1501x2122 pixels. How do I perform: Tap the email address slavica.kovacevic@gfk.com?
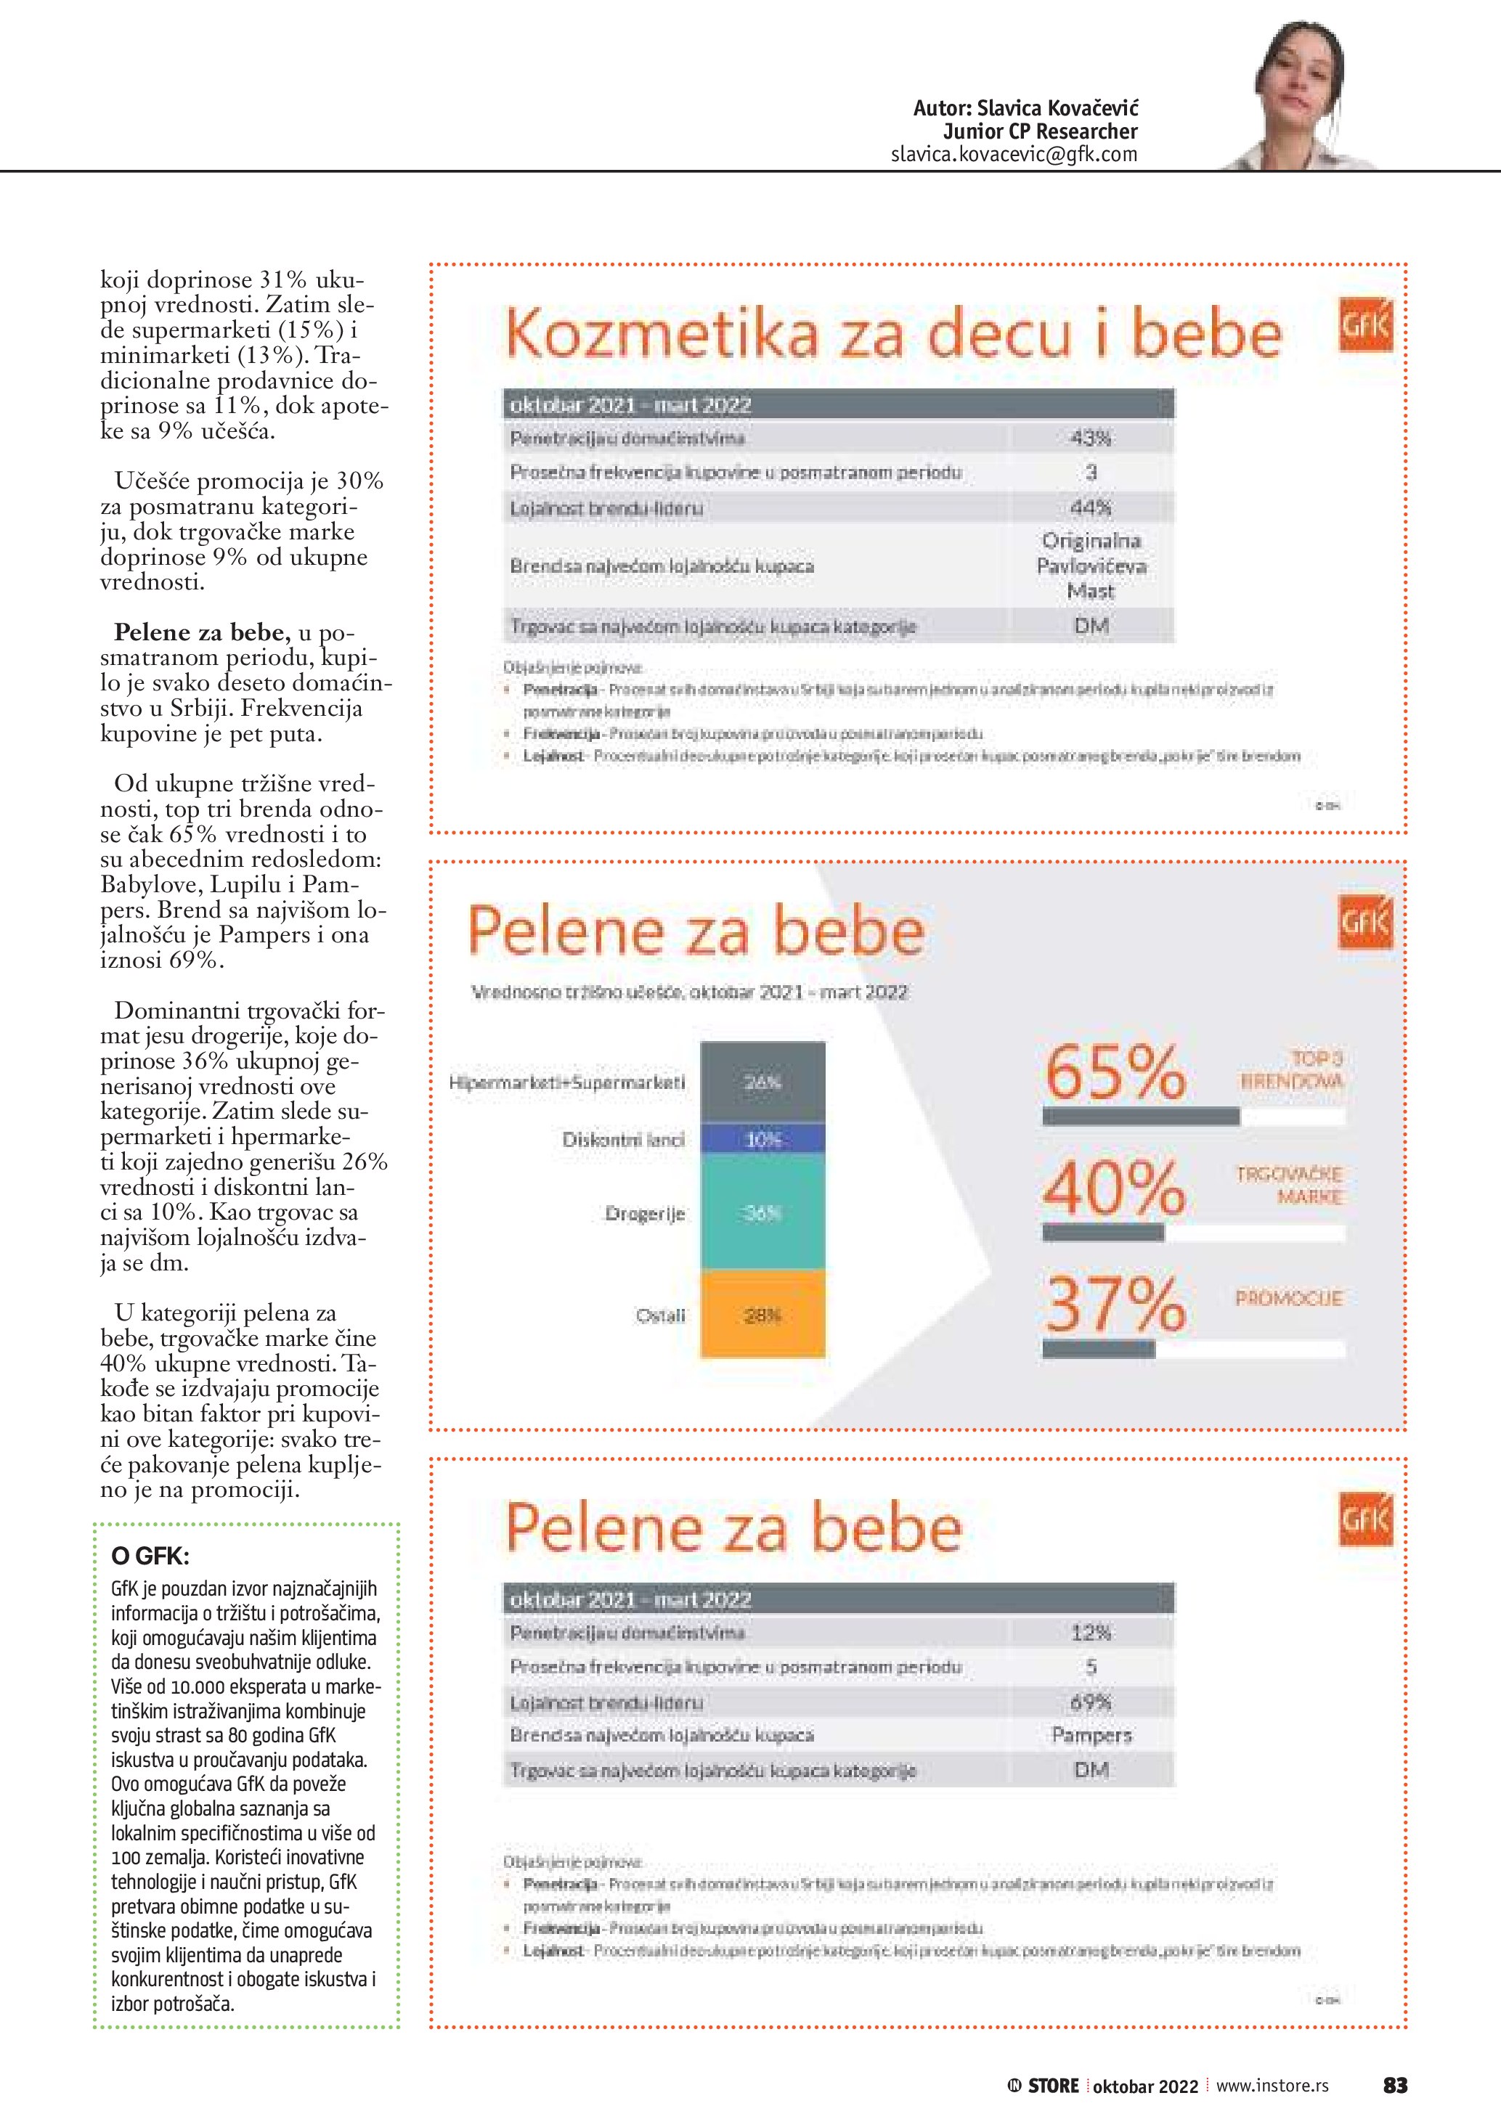1014,155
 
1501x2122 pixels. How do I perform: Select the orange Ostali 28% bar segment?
762,1314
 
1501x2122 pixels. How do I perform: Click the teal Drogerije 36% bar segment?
762,1212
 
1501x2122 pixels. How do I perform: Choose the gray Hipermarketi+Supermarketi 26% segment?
762,1082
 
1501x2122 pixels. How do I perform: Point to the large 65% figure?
1115,1072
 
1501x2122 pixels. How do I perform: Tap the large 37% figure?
1115,1303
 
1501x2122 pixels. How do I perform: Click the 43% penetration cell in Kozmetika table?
1091,438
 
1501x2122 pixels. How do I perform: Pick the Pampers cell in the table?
1091,1736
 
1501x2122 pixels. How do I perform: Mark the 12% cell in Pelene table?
1091,1633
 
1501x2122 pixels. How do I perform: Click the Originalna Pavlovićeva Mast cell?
1091,566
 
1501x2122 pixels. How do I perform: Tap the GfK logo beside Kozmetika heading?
1365,325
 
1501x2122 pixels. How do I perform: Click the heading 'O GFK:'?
150,1556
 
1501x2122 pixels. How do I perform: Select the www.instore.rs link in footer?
1272,2085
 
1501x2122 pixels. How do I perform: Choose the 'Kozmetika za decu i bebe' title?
893,335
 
